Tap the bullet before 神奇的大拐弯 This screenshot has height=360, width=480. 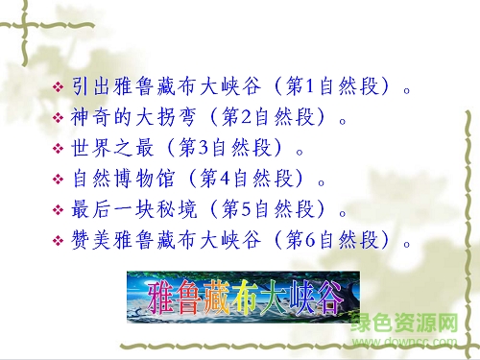click(57, 120)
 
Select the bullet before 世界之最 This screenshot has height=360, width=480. click(57, 150)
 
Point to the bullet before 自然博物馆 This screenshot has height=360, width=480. click(57, 180)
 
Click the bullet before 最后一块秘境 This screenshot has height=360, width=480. click(57, 209)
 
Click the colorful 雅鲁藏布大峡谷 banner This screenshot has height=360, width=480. click(243, 295)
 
